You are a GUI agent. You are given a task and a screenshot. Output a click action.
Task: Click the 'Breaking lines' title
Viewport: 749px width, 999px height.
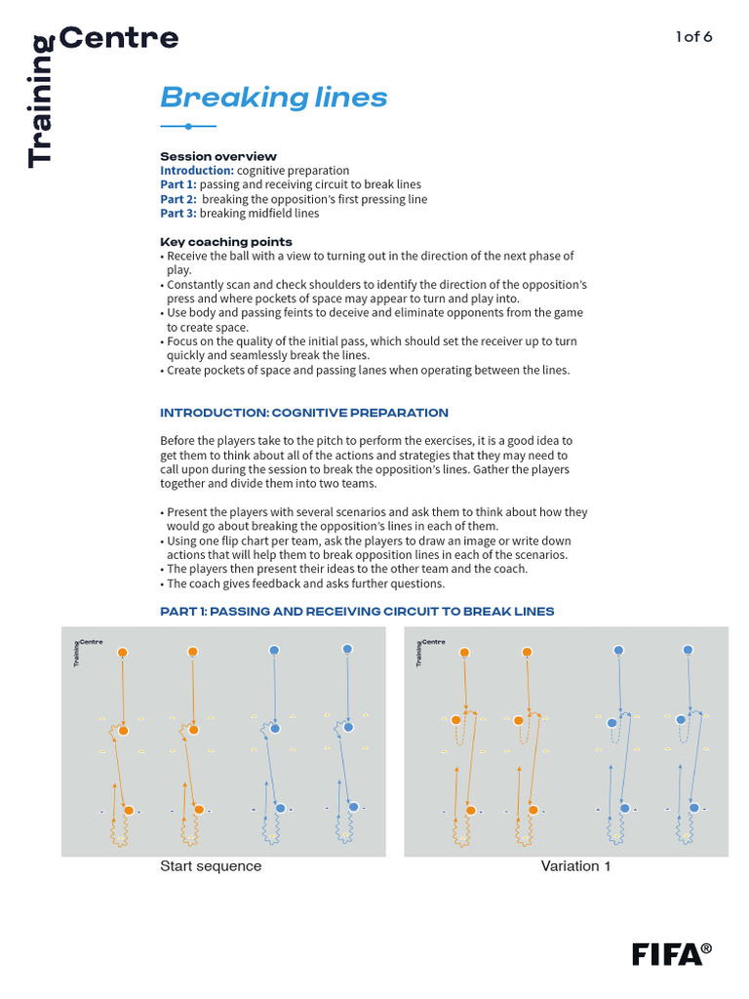[273, 98]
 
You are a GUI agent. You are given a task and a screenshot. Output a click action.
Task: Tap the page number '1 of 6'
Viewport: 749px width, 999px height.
[694, 37]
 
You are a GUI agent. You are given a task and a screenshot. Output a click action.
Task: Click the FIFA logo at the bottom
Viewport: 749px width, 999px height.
[672, 953]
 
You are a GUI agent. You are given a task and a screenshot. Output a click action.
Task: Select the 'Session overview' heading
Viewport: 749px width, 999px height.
[217, 156]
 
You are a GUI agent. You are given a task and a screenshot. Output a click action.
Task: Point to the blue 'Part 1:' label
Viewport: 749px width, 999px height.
[178, 184]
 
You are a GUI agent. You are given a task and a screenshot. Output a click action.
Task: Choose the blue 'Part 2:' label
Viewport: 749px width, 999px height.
[178, 199]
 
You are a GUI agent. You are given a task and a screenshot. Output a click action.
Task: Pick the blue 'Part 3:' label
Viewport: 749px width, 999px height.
[178, 213]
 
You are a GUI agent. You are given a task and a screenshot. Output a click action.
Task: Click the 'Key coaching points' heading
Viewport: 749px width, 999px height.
[225, 241]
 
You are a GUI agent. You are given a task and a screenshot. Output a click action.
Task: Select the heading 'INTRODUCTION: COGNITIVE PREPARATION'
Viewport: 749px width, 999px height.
[303, 413]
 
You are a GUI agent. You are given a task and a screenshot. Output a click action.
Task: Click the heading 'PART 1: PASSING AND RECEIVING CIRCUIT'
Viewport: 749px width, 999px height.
[357, 611]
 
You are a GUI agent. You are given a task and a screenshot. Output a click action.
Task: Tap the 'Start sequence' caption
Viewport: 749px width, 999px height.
[211, 866]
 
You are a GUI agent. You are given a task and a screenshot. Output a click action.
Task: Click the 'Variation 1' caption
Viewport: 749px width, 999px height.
[575, 866]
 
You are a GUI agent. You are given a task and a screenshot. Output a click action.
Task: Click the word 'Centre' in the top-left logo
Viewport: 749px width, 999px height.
[119, 39]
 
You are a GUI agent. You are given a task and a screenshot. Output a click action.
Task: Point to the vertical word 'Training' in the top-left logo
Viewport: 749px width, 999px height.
[41, 102]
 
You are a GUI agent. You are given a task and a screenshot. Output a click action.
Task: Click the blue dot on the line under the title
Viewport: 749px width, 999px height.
[187, 126]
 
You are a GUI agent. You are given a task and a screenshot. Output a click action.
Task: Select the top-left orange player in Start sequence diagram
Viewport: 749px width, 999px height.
[122, 652]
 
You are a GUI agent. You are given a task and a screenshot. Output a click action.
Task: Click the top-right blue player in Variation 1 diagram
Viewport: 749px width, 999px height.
[688, 650]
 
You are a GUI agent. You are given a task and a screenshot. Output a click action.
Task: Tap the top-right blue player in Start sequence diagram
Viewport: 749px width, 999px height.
[347, 649]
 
